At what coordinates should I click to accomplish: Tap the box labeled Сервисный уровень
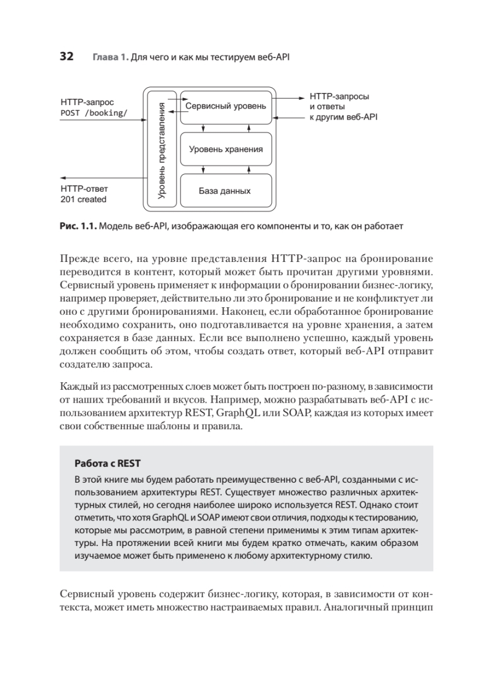pos(226,107)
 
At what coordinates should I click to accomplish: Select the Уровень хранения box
pos(226,149)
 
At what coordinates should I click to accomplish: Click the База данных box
pos(225,191)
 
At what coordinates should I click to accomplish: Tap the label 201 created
pos(84,199)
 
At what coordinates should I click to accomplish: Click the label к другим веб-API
pos(343,117)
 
